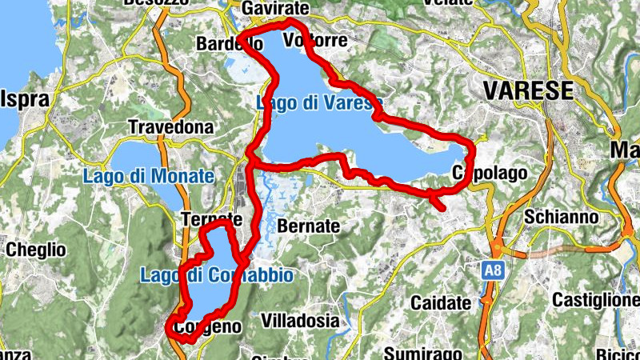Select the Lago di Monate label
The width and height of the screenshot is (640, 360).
pyautogui.click(x=150, y=176)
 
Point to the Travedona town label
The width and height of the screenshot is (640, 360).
pyautogui.click(x=171, y=127)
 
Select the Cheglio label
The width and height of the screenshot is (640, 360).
pyautogui.click(x=35, y=250)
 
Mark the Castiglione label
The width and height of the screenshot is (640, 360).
pyautogui.click(x=595, y=301)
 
